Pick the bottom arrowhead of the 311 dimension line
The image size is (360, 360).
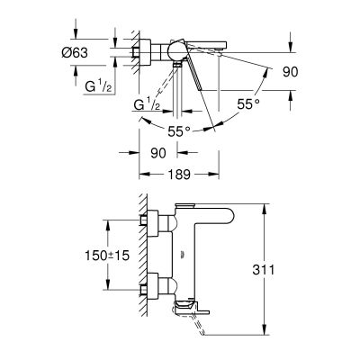pos(265,328)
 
